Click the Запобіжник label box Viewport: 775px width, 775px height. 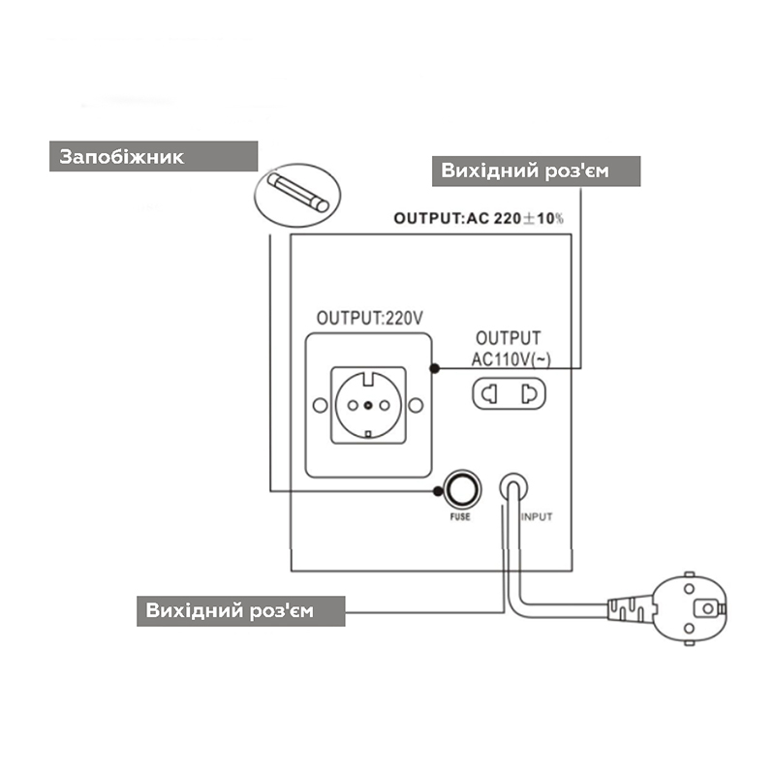coord(153,156)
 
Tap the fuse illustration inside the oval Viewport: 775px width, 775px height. coord(298,192)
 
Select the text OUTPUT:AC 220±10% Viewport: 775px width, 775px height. coord(479,218)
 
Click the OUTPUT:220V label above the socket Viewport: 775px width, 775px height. coord(370,318)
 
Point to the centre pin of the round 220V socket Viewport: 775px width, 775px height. coord(368,405)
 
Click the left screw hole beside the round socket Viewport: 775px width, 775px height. coord(321,405)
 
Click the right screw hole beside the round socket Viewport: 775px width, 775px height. coord(417,405)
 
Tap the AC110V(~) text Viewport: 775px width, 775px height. coord(511,359)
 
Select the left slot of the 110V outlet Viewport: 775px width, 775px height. coord(489,394)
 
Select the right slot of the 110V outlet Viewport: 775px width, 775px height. coord(529,394)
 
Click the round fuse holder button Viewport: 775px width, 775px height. coord(463,489)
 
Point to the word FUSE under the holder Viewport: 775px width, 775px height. coord(460,517)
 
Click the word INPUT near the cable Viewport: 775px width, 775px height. coord(537,517)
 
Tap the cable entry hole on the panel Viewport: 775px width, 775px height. coord(513,486)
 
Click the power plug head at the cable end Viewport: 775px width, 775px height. coord(690,609)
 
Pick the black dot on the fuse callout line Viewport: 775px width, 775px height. coord(438,491)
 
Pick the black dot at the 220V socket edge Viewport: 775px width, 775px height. coord(434,368)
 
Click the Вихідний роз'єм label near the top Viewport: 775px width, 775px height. coord(537,171)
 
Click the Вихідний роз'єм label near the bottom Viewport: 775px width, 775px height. coord(240,611)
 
